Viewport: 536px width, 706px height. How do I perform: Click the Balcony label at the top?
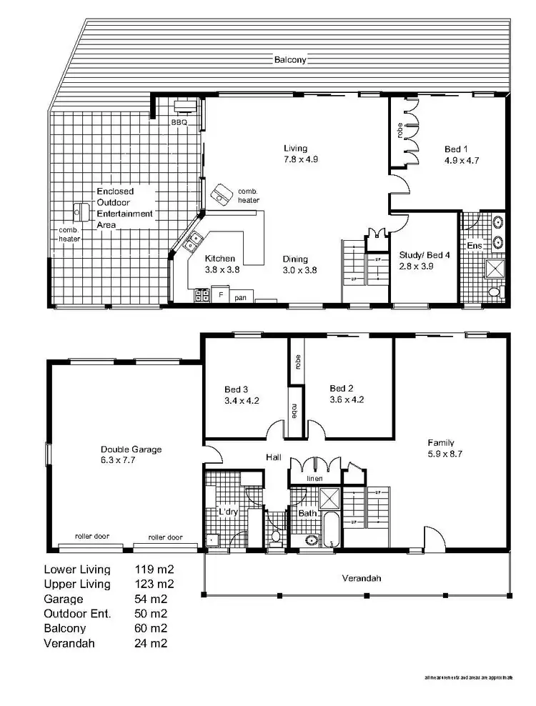tap(290, 60)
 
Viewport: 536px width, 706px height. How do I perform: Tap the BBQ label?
tap(178, 123)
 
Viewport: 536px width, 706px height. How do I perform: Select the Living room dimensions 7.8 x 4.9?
tap(300, 159)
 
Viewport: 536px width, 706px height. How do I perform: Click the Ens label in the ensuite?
tap(474, 246)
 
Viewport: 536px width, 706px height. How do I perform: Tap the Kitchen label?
tap(220, 259)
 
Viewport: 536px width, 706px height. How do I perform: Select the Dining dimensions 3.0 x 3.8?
tap(299, 270)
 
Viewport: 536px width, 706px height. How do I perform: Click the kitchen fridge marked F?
tap(221, 294)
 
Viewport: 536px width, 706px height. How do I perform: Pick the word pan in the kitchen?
tap(240, 297)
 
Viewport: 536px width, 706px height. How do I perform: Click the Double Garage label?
tap(131, 449)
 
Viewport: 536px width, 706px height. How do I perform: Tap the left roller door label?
tap(91, 537)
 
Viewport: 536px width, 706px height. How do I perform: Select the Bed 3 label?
tap(236, 389)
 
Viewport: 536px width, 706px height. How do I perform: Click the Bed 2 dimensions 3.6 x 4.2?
tap(347, 399)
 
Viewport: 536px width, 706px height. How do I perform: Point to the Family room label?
tap(441, 442)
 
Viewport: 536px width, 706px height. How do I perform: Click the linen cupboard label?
tap(315, 478)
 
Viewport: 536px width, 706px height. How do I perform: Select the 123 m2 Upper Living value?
tap(154, 584)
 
